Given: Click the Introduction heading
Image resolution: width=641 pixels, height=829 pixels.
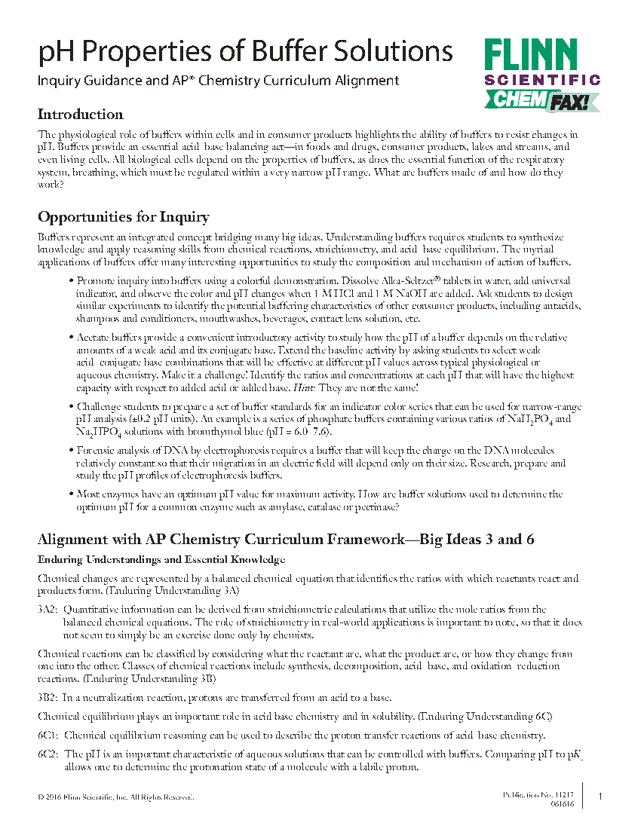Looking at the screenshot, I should [x=81, y=115].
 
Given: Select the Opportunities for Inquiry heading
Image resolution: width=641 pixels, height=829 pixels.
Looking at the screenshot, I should [x=124, y=217].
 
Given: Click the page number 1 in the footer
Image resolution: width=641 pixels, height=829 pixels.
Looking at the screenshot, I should [x=600, y=797].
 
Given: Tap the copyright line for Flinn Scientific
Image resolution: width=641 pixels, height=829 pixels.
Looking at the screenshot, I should [x=115, y=797].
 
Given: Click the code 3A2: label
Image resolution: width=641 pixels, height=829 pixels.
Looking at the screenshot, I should [x=48, y=609].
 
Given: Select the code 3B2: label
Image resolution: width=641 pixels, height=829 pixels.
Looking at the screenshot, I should [x=48, y=697].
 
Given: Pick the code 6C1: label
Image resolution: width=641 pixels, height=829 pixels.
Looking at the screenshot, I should [x=48, y=735].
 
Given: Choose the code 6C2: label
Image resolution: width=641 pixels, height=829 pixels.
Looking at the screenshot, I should [x=48, y=754].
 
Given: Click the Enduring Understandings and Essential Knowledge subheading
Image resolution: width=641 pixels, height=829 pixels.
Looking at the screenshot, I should [x=161, y=560].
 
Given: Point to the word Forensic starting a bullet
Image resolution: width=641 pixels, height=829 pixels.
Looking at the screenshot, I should [x=96, y=450].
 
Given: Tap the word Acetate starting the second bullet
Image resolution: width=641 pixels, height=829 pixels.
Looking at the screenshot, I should [x=94, y=337].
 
